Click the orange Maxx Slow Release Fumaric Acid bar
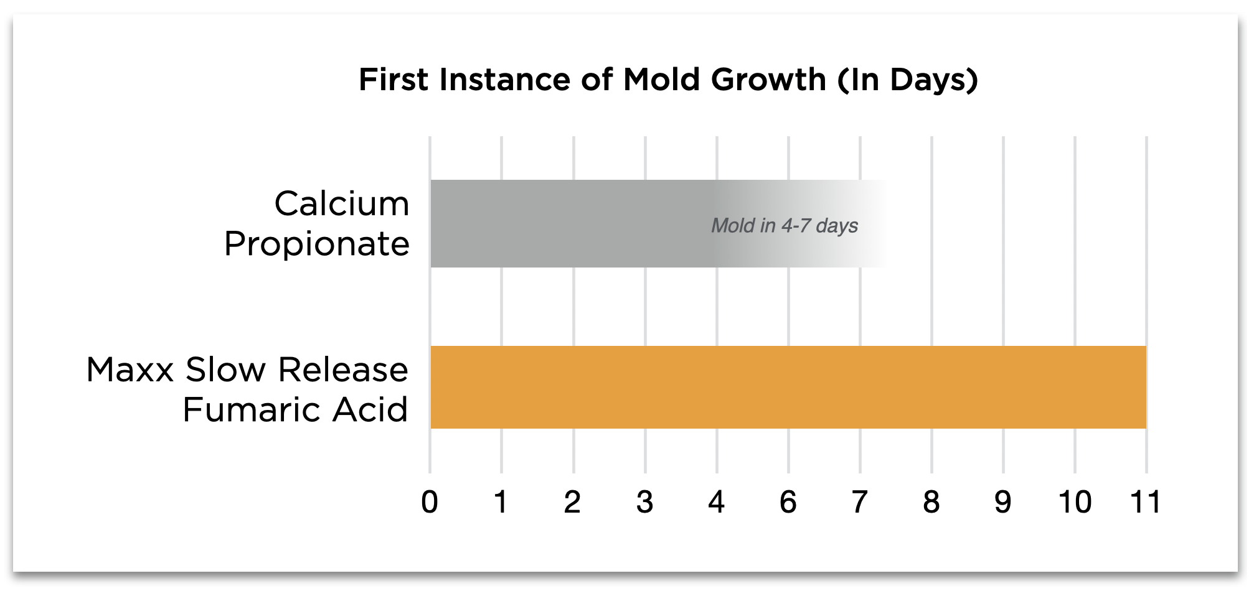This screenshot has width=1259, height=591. tap(788, 387)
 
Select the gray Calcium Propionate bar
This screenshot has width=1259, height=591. tap(659, 224)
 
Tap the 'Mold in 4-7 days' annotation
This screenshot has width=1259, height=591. tap(785, 225)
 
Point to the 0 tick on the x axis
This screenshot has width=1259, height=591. tap(430, 502)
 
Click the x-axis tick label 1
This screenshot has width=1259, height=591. tap(501, 502)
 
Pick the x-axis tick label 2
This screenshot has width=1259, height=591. tap(572, 502)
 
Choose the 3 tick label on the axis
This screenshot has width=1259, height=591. tap(644, 502)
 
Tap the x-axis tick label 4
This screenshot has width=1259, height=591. tap(716, 502)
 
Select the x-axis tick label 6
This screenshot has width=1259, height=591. tap(788, 502)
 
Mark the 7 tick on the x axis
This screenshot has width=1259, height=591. tap(860, 502)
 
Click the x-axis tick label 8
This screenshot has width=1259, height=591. tap(931, 502)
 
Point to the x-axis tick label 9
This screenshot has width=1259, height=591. tap(1003, 502)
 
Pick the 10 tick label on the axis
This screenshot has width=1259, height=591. tap(1075, 502)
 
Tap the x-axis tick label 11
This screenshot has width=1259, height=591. tap(1146, 502)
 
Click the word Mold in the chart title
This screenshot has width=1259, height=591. tap(662, 80)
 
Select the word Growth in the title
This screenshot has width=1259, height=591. tap(769, 80)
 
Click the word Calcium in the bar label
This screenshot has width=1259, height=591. tap(342, 203)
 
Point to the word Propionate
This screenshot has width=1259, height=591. tap(317, 244)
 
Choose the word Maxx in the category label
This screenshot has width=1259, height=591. tap(130, 370)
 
